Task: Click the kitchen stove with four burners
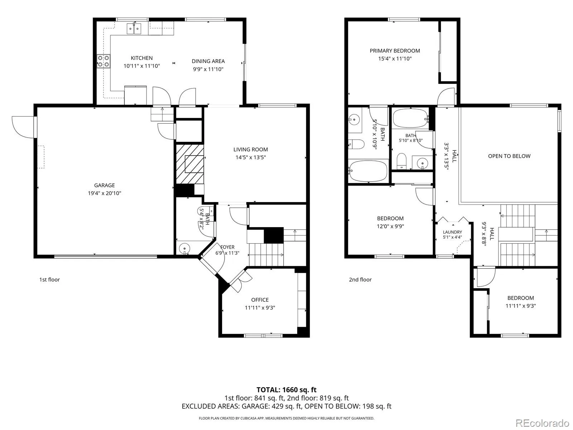click(x=103, y=61)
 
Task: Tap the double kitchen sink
click(x=134, y=29)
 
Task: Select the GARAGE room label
click(x=105, y=185)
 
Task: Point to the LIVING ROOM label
click(x=251, y=149)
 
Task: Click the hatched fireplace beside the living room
click(x=190, y=164)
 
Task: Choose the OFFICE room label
click(x=260, y=300)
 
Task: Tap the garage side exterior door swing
click(x=23, y=127)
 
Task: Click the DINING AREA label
click(x=208, y=61)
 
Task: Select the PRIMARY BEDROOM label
click(x=395, y=51)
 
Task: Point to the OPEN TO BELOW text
click(x=509, y=156)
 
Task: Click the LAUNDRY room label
click(x=452, y=232)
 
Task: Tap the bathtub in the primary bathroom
click(x=368, y=171)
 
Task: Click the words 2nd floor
click(x=360, y=279)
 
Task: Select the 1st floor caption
click(x=49, y=279)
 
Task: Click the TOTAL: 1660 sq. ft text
click(x=286, y=390)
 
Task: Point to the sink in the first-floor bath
click(x=185, y=248)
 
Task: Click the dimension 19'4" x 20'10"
click(x=105, y=193)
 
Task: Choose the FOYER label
click(x=227, y=247)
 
